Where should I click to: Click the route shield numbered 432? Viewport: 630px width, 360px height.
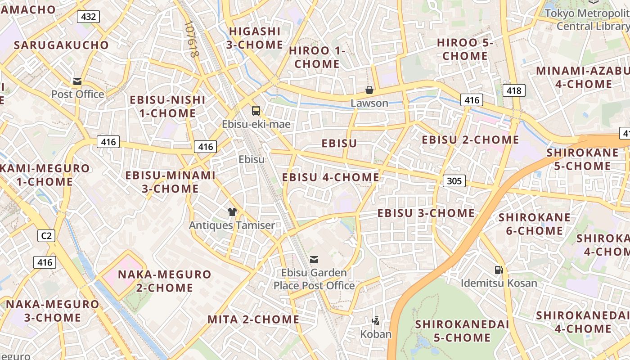88,17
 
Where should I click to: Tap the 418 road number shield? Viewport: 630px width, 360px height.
513,91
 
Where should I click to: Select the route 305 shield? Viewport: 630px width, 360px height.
454,181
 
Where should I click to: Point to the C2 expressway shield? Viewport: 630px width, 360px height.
46,235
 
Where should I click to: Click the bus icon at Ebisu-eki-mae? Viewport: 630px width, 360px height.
256,110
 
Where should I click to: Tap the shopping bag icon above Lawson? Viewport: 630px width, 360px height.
369,90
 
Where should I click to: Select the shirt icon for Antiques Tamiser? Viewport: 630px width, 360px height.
232,212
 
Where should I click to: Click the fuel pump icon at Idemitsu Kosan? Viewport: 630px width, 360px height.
499,270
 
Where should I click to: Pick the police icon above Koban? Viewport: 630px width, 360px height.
376,321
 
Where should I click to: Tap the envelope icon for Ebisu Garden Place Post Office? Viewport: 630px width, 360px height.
314,259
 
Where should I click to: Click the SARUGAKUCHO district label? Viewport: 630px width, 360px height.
61,45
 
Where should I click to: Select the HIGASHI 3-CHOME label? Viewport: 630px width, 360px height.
255,38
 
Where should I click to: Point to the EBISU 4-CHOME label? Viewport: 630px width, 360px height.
331,177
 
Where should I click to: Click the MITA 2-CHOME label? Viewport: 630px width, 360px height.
253,319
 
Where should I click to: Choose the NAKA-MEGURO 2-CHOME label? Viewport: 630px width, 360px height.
164,281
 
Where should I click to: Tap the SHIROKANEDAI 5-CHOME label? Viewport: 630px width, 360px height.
462,331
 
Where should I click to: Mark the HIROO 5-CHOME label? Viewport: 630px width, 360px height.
465,49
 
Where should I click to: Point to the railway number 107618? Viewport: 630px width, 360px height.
191,40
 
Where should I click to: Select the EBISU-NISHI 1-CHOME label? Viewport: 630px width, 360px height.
167,106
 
